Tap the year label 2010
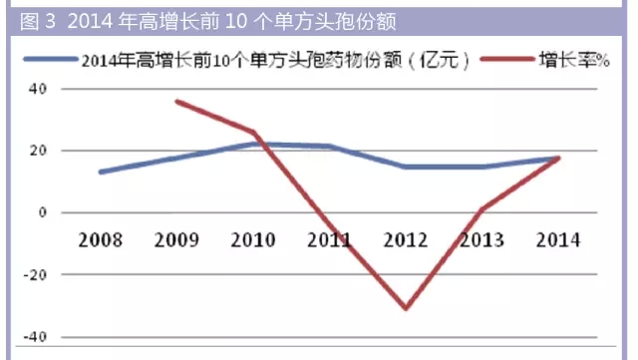(252, 240)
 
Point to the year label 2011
(330, 240)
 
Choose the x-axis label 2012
(407, 240)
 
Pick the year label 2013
(483, 240)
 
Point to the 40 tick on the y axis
(40, 89)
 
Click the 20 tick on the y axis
(40, 151)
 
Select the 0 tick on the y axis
(44, 212)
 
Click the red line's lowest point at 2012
(407, 308)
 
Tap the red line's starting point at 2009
(175, 101)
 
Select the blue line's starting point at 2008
(99, 172)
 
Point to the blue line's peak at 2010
(253, 144)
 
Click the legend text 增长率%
(574, 60)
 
